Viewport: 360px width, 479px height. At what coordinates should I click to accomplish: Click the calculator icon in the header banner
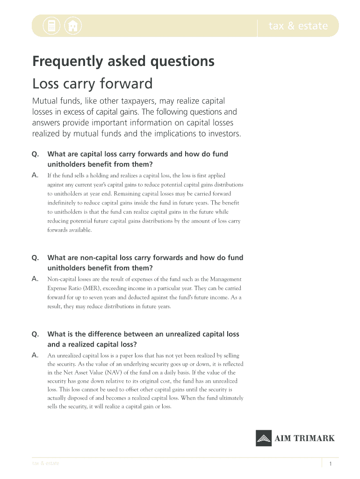[51, 26]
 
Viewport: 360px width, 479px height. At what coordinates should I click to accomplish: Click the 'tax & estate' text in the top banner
[298, 26]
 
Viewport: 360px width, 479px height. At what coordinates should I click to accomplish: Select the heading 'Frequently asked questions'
[123, 61]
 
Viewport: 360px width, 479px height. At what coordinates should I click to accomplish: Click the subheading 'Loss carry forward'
[93, 84]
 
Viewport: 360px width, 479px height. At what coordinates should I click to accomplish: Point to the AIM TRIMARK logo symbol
[264, 438]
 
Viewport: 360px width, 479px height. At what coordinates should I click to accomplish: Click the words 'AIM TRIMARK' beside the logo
[304, 438]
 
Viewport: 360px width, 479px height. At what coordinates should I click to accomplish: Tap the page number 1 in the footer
[331, 464]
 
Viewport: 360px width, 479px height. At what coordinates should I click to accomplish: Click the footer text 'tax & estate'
[45, 464]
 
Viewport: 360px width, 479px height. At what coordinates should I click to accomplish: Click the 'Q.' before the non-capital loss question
[35, 258]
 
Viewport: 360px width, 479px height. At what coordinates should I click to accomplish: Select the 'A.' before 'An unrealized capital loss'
[35, 356]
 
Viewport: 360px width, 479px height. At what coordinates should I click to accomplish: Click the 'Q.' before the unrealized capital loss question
[35, 334]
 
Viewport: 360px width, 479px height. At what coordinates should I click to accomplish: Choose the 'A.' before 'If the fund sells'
[35, 175]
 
